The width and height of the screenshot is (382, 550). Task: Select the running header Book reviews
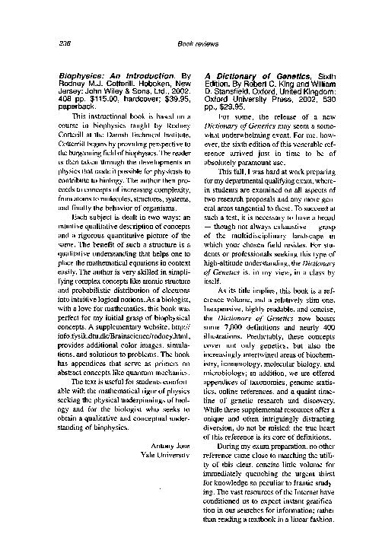191,44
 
